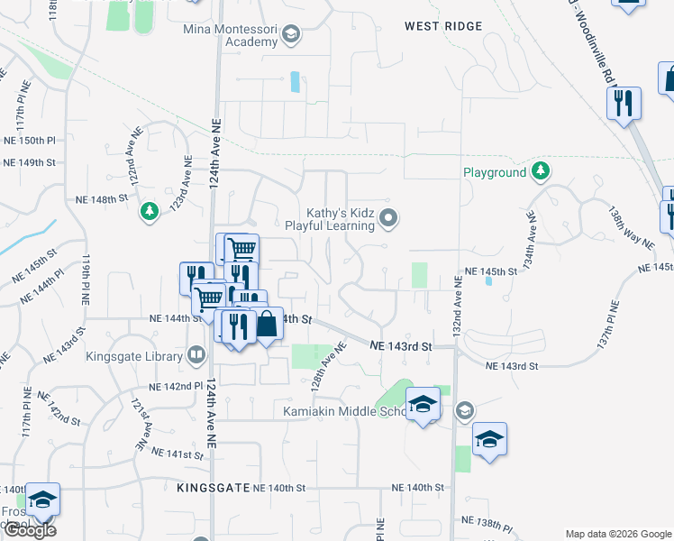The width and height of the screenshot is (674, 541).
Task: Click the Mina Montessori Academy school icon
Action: (x=290, y=35)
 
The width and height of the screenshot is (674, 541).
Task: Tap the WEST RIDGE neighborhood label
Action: (x=444, y=27)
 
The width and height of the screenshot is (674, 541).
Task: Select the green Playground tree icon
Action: (x=540, y=171)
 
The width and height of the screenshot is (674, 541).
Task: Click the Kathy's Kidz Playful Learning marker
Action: (x=388, y=216)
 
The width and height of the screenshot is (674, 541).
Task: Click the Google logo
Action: (x=30, y=530)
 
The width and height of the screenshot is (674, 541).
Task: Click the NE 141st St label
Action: (x=178, y=454)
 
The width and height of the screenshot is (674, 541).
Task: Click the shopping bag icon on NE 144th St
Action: (x=268, y=324)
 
